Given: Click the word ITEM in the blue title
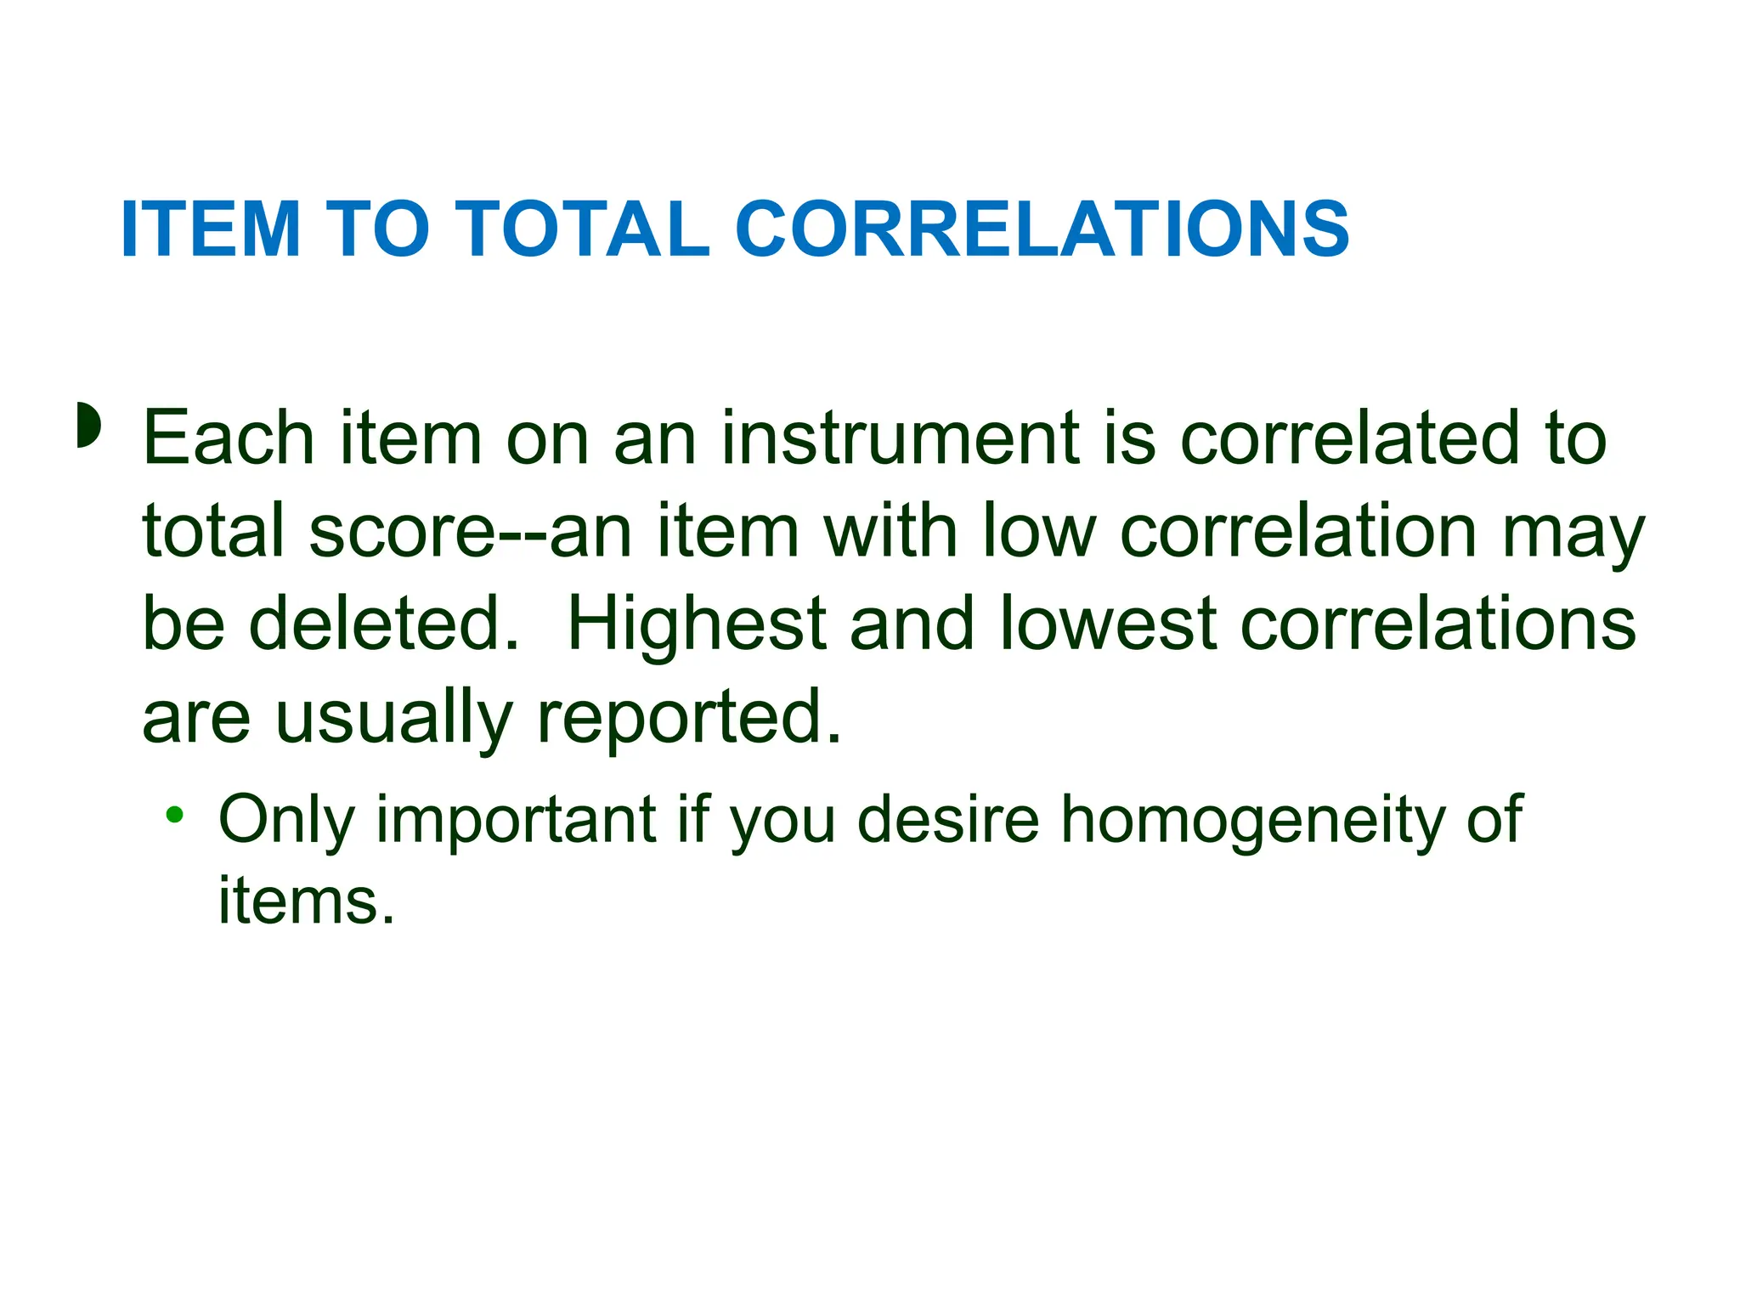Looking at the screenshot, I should pos(212,229).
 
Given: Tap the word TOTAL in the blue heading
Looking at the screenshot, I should pos(585,229).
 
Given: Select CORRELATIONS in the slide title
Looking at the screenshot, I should pos(1042,229).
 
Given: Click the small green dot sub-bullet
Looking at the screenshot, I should pos(175,816).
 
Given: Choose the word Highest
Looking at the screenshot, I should pos(697,624).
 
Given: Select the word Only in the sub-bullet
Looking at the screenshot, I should pos(285,820).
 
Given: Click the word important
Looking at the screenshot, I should pos(517,820).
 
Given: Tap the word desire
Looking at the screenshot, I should pos(948,820).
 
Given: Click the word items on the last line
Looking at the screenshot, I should pos(307,901).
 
